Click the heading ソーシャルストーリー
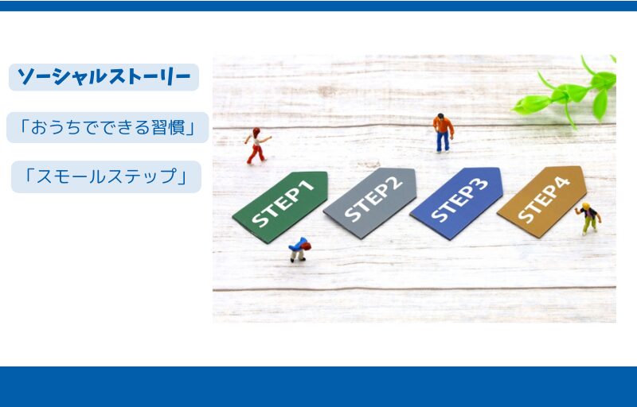(x=104, y=76)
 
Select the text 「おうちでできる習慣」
(x=107, y=127)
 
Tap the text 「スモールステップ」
(x=106, y=176)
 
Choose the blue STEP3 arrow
(x=457, y=202)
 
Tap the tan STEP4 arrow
(x=543, y=201)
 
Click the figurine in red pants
(x=257, y=146)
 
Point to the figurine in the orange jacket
(x=443, y=133)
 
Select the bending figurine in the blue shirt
(x=299, y=250)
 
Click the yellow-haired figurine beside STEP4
(x=588, y=219)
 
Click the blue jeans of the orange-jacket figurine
(x=443, y=141)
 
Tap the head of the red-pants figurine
(x=256, y=132)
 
